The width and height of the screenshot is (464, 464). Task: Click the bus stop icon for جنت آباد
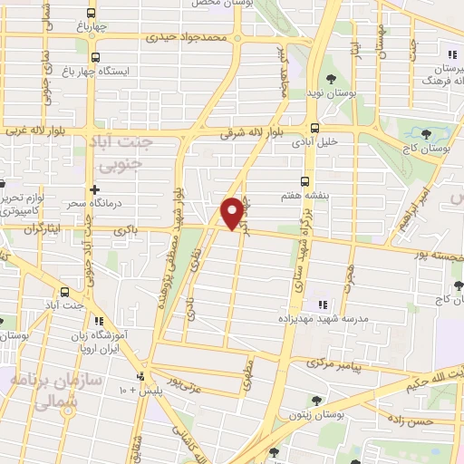point(64,292)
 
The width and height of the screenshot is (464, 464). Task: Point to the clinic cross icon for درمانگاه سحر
point(94,189)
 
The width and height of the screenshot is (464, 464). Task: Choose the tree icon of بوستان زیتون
point(316,400)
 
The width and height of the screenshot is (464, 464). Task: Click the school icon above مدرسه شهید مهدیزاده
point(319,303)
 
